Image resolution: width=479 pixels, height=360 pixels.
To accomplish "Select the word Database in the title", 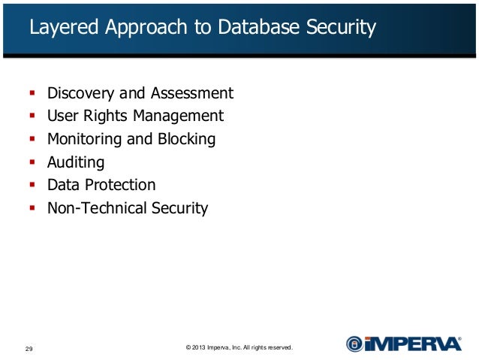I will [259, 28].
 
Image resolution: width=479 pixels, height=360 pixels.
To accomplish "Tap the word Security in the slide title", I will [339, 28].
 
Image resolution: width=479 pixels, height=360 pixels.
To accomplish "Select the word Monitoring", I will [84, 139].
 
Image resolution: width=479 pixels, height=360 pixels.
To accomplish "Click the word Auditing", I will [76, 162].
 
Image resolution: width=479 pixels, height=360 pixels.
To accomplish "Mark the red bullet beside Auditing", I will [32, 162].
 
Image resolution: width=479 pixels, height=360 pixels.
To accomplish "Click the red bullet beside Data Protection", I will [32, 184].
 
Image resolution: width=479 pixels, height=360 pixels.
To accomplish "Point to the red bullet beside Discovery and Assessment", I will [32, 93].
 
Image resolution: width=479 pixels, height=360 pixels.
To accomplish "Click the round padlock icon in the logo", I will [354, 344].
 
